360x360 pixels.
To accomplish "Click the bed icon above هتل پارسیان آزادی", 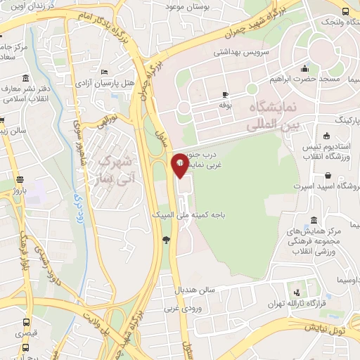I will click(105, 72).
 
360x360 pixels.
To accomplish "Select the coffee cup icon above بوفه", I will click(225, 94).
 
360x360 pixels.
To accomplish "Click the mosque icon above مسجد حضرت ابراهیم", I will click(304, 68).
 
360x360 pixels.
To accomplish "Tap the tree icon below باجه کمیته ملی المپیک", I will click(166, 240).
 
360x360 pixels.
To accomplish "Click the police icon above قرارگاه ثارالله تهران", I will click(296, 292).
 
